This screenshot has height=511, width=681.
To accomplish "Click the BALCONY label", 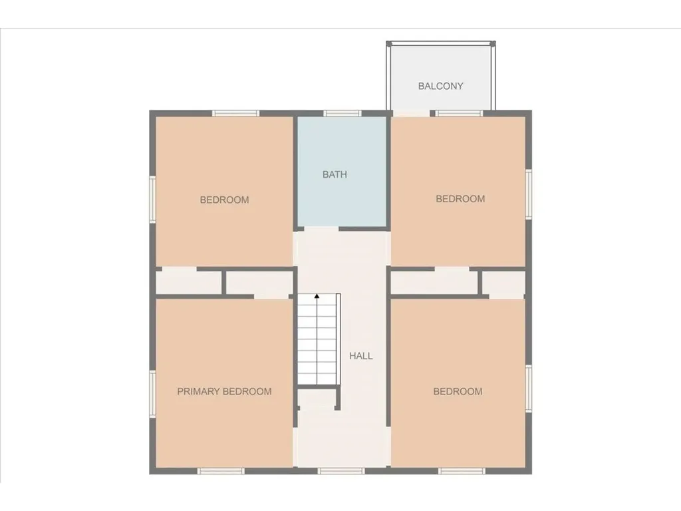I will tap(440, 86).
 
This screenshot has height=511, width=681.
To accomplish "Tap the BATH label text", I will tap(335, 174).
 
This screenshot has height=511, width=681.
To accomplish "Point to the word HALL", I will tap(361, 356).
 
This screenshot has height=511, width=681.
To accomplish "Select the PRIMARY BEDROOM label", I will tap(224, 391).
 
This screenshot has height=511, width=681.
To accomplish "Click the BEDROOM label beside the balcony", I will tap(460, 198).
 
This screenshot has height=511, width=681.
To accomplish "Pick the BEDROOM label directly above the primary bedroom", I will tap(225, 200).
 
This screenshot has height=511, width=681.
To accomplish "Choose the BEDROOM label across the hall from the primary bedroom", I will tap(458, 391).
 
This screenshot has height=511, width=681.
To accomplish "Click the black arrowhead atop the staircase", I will tap(317, 295).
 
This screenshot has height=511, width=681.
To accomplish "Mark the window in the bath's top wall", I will tap(342, 113).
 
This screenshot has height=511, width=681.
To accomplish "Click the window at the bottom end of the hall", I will tap(341, 471).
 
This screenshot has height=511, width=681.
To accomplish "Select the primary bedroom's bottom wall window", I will tap(221, 471).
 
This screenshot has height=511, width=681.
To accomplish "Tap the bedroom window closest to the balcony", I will tap(458, 113).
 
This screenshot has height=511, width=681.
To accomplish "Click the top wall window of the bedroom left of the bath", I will tap(235, 113).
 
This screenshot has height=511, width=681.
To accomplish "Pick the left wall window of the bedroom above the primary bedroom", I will tap(152, 198).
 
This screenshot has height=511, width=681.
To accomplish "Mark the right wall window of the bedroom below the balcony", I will tap(529, 194).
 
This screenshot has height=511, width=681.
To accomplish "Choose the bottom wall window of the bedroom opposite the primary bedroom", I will tap(462, 471).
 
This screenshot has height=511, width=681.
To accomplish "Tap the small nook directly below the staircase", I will tap(316, 399).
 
